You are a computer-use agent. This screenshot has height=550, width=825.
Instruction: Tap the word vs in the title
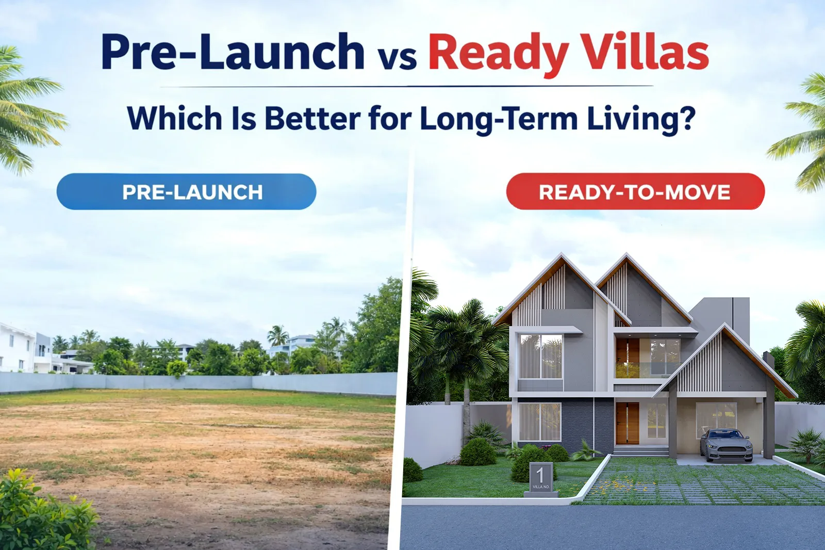[397, 57]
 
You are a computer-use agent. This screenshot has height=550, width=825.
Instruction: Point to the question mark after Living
[686, 118]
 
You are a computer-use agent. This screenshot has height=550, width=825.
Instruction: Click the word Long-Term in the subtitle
[499, 119]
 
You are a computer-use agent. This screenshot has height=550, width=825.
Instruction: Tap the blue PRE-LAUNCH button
[186, 192]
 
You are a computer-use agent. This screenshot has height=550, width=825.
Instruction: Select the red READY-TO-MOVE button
[635, 192]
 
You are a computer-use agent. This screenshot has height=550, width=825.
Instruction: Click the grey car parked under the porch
[726, 445]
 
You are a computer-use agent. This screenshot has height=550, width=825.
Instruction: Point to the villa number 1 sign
[540, 478]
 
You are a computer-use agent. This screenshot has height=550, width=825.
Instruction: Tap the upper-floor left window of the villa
[540, 356]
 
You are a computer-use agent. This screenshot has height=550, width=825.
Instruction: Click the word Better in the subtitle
[312, 119]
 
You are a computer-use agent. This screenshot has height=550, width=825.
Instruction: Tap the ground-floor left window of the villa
[539, 422]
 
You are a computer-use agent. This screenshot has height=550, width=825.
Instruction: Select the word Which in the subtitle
[174, 118]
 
